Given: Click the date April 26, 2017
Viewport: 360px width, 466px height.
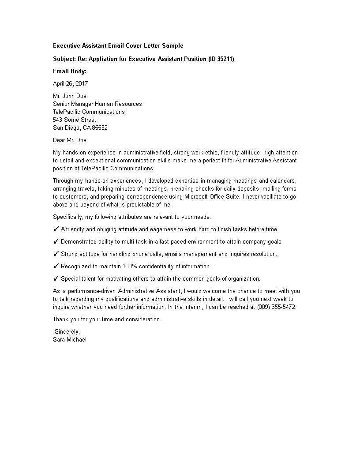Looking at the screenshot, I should (x=70, y=83).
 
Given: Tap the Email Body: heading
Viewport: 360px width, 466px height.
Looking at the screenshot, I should (x=70, y=71).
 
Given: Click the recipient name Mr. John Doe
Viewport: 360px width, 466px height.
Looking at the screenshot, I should (x=70, y=96).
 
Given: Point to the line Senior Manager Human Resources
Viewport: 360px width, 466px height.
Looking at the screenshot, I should (x=97, y=104).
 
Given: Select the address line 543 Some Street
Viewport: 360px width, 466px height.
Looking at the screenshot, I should (x=74, y=120).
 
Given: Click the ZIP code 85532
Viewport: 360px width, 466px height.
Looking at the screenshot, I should (x=100, y=128).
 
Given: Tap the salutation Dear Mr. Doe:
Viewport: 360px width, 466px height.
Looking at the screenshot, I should (x=70, y=140).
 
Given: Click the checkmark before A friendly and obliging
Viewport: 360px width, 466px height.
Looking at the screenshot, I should (x=56, y=229).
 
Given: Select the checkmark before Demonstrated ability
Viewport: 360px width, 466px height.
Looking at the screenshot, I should (x=56, y=241).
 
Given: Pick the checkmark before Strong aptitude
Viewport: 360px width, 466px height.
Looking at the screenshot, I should (x=56, y=254).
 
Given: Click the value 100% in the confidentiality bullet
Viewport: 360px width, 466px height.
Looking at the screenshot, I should (x=130, y=266).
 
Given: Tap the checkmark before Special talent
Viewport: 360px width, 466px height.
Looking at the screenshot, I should (x=56, y=278).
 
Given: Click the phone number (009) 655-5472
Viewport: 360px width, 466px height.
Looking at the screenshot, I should (x=276, y=307).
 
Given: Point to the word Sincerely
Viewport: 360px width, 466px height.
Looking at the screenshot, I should (x=67, y=331).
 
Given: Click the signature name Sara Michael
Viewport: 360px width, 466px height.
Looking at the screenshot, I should (x=70, y=339).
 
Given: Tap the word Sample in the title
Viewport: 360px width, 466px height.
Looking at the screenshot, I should (x=172, y=45).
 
